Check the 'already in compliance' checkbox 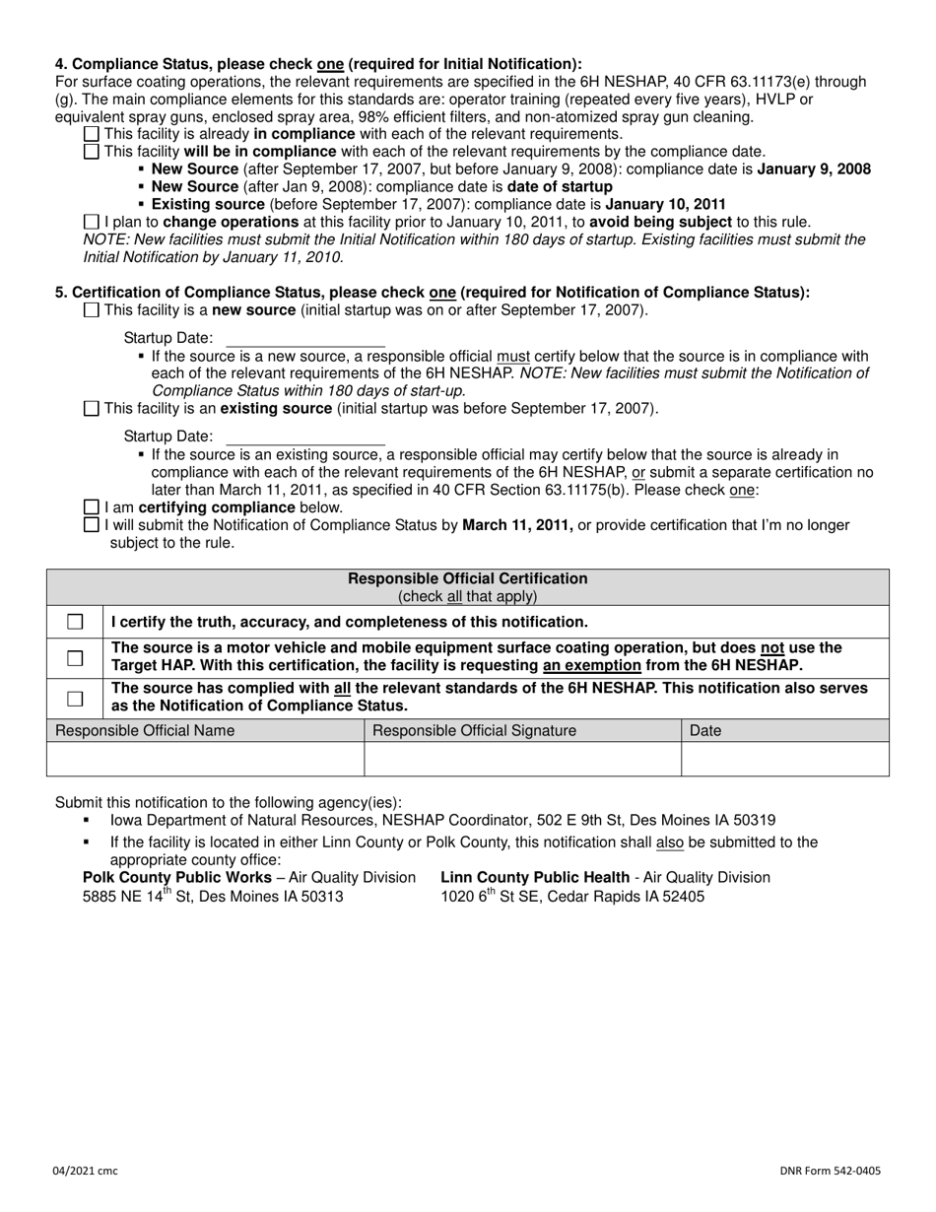[x=92, y=134]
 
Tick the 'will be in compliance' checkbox [x=92, y=152]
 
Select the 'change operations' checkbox [x=92, y=223]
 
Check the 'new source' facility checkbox [x=92, y=310]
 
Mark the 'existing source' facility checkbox [x=92, y=409]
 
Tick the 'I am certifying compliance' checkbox [x=92, y=508]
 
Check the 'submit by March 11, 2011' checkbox [x=92, y=526]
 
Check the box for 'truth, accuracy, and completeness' [x=75, y=623]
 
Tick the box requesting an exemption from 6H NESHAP [x=75, y=657]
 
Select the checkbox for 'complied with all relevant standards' [x=75, y=699]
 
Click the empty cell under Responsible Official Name [x=206, y=759]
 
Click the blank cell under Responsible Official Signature [x=522, y=759]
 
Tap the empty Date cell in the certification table [x=784, y=759]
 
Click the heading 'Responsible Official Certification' [x=468, y=579]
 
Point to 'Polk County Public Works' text [x=177, y=878]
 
